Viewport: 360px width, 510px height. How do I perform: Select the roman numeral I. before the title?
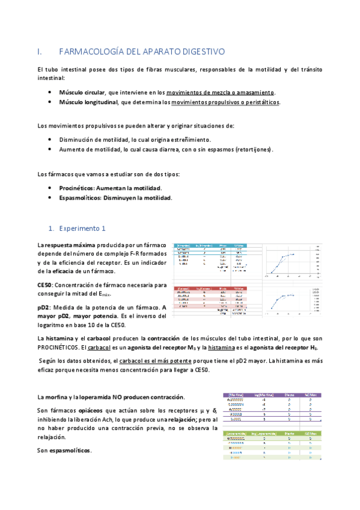click(x=40, y=52)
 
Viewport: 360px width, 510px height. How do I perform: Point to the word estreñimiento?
click(x=172, y=140)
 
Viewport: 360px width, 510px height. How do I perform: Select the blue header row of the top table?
click(x=210, y=246)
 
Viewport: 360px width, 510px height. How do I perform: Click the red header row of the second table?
click(x=210, y=289)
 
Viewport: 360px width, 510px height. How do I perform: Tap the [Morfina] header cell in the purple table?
click(x=234, y=395)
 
